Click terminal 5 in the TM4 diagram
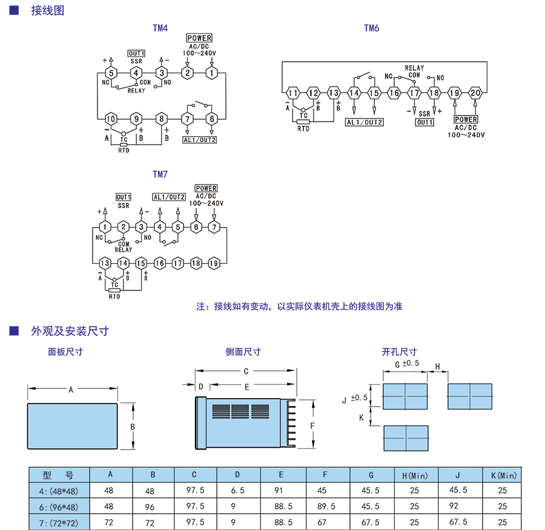(x=111, y=73)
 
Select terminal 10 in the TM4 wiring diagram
(x=111, y=119)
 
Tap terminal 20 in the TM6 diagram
(x=475, y=93)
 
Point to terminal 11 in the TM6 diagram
(x=293, y=93)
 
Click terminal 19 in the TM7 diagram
(x=214, y=263)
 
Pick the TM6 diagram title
(x=371, y=28)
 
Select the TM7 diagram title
(x=160, y=175)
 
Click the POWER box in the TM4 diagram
(x=199, y=39)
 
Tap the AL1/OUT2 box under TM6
(x=365, y=122)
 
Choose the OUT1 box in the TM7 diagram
(x=124, y=197)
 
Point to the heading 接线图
(x=47, y=10)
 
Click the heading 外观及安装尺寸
(x=70, y=331)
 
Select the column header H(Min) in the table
(x=414, y=476)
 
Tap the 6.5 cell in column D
(x=237, y=491)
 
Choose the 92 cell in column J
(x=458, y=506)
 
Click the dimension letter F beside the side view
(x=312, y=426)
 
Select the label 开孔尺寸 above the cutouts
(x=399, y=352)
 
